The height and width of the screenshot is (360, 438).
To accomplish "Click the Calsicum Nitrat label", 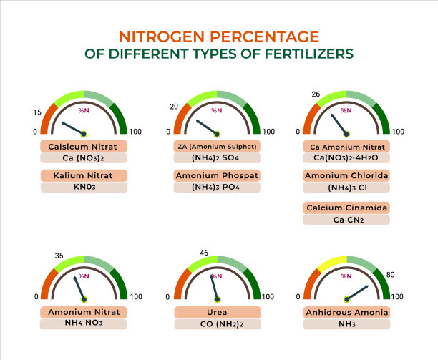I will coord(84,146).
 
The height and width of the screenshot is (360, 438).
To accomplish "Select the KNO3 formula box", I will coord(84,187).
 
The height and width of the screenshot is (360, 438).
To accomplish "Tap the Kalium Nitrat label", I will coord(84,175).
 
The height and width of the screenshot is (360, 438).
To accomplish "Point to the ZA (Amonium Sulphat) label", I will coord(218,146).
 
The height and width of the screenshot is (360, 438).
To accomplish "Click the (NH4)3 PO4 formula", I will coord(218,187).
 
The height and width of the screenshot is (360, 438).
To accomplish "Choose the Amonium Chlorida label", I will coord(346,175).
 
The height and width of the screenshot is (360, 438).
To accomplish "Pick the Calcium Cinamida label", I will coord(346,208).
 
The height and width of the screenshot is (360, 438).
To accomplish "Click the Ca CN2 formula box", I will coord(346,220).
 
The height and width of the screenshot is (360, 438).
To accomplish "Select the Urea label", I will coord(218,312).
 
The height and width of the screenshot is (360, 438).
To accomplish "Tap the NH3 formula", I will coord(346,323).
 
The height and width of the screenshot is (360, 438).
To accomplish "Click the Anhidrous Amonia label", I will coord(346,312).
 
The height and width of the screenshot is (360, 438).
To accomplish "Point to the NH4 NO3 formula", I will coord(84,323).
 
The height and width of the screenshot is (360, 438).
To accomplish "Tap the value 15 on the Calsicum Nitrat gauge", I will coord(36,112).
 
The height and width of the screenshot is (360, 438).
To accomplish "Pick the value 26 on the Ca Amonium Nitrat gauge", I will coord(316,94).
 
